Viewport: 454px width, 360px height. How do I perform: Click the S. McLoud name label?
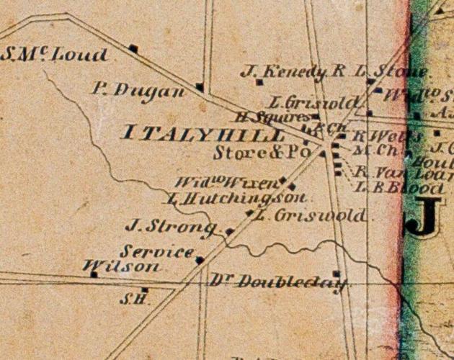(55, 55)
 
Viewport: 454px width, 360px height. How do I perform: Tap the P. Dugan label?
(138, 89)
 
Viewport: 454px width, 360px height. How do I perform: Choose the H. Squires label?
(275, 117)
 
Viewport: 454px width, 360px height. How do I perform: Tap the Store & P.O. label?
(262, 153)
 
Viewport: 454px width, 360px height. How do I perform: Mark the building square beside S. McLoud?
(133, 49)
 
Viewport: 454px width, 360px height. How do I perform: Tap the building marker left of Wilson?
(93, 274)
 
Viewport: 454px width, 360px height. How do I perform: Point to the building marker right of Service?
(200, 260)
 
